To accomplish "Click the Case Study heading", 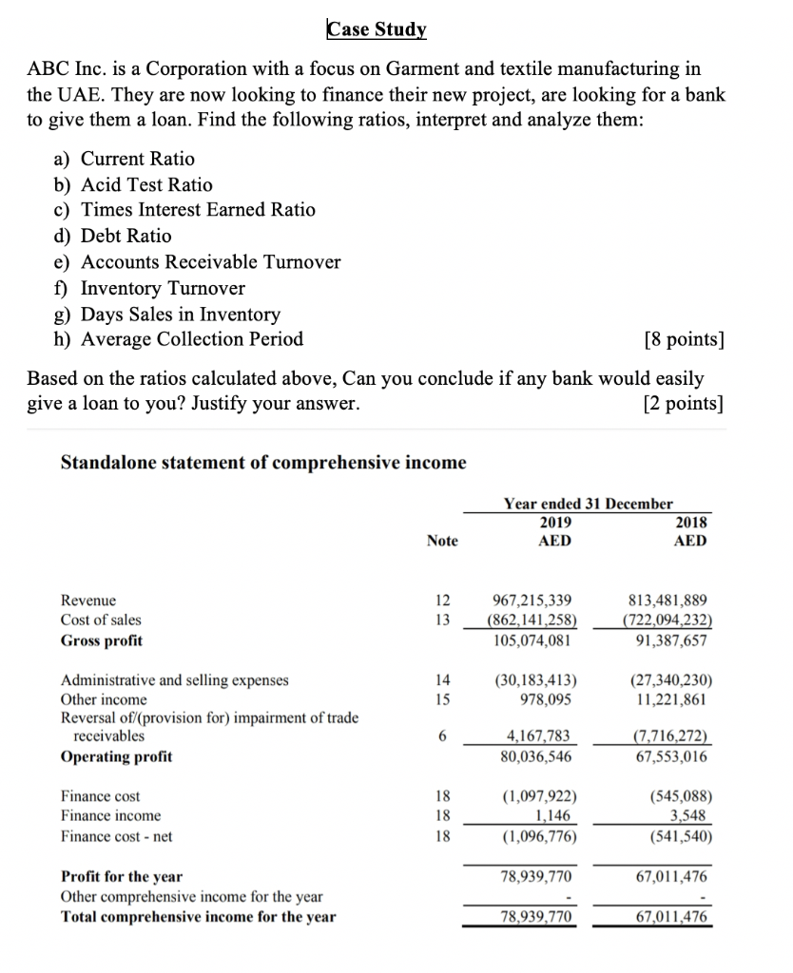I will pos(377,29).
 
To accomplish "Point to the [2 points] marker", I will pos(683,404).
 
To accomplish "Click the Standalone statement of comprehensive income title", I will pos(263,463).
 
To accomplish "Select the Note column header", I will pos(442,541).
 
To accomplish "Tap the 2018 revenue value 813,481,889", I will pos(668,601).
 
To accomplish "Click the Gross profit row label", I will pos(102,640).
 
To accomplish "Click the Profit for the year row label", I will pos(122,876).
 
